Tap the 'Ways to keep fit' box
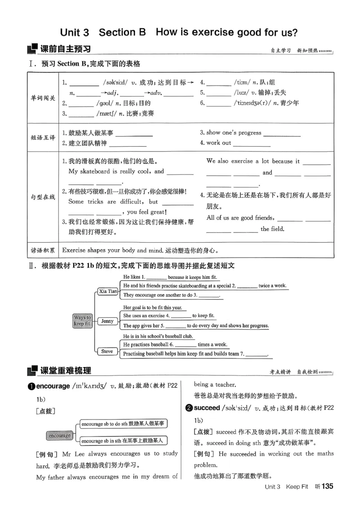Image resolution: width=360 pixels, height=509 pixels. point(82,320)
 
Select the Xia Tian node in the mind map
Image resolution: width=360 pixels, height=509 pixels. point(108,291)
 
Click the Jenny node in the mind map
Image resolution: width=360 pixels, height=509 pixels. point(108,321)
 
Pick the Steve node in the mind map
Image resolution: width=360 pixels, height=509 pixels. point(107,351)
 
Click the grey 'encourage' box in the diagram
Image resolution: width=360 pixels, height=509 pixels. point(60,435)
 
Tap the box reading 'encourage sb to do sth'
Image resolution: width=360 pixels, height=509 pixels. point(122,424)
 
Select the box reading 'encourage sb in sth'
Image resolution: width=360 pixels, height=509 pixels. point(122,441)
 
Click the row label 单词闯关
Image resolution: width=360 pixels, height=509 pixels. point(43,98)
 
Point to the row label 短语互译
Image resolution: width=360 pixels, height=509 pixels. point(43,138)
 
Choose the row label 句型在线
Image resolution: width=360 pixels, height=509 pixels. point(43,197)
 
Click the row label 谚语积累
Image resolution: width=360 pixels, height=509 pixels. point(43,250)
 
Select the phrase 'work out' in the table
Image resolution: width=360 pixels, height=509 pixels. point(219,143)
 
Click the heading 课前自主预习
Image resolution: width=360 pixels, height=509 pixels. point(65,49)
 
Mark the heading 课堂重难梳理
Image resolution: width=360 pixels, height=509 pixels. point(65,371)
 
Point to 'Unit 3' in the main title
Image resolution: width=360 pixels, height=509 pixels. point(75,32)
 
